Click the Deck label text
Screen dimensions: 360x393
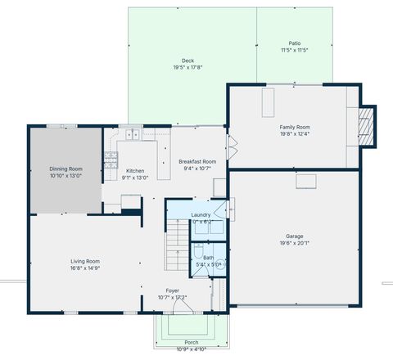click(x=187, y=61)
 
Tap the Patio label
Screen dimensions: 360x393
click(x=294, y=43)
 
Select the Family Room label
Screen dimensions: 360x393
click(x=294, y=127)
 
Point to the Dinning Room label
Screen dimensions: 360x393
click(x=65, y=169)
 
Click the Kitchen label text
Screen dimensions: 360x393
click(x=135, y=171)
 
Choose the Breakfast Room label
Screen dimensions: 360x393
click(x=196, y=162)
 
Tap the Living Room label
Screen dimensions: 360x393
click(x=84, y=261)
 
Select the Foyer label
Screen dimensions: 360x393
click(x=172, y=290)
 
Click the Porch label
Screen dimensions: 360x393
click(x=191, y=342)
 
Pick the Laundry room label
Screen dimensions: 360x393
click(x=201, y=215)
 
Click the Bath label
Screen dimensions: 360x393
click(x=208, y=258)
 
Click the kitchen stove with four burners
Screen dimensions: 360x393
click(x=111, y=155)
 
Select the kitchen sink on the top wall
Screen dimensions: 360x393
click(x=130, y=133)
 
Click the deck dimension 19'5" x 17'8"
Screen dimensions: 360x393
click(x=187, y=67)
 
